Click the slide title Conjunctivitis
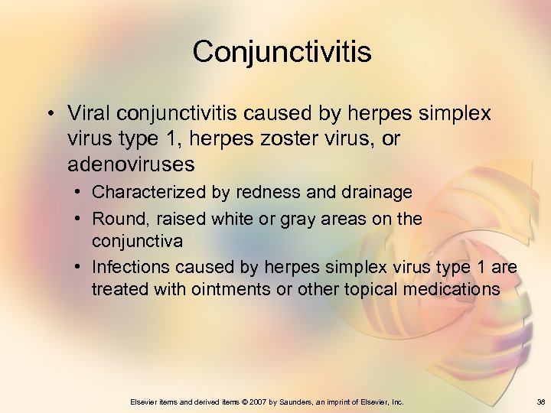coord(282,52)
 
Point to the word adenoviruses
coord(130,164)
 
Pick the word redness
coord(245,192)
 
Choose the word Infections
coord(130,267)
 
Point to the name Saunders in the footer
coord(294,402)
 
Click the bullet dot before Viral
coord(49,114)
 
